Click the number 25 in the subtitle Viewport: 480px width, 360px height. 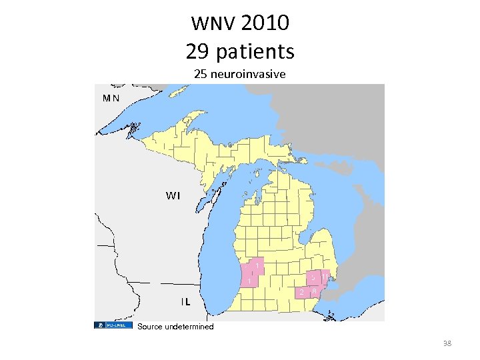(x=200, y=74)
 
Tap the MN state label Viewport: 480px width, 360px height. (x=111, y=97)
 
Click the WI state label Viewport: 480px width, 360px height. (x=173, y=195)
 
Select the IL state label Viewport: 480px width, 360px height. (x=185, y=301)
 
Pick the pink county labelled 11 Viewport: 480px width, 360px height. (x=325, y=275)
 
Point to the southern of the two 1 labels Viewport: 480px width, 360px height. (x=249, y=282)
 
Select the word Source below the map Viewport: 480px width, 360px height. (x=149, y=327)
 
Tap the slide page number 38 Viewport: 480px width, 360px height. (x=447, y=343)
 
